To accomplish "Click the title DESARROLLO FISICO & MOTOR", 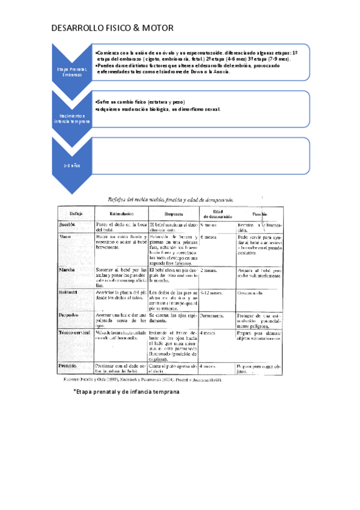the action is pyautogui.click(x=113, y=28).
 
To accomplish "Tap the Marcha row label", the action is pyautogui.click(x=67, y=270).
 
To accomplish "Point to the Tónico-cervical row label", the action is pyautogui.click(x=75, y=332).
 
